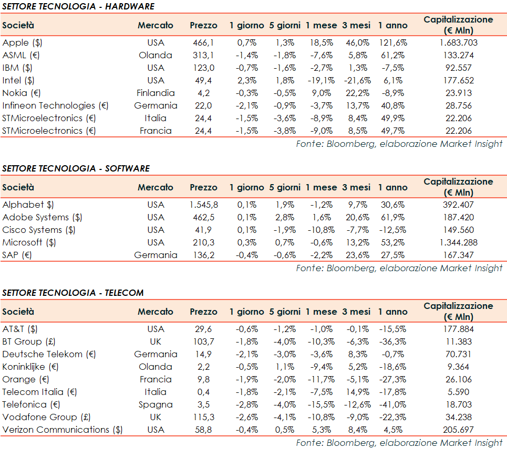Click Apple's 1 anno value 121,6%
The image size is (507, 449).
[x=393, y=42]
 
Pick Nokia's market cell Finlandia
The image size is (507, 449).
[x=156, y=93]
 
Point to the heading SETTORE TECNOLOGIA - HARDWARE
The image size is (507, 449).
[x=78, y=6]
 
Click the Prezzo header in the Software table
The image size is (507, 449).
[x=203, y=187]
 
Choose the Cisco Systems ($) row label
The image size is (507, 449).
[x=39, y=230]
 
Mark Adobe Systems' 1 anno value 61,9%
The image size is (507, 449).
[x=393, y=217]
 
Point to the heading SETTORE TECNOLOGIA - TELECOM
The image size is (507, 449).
[x=73, y=293]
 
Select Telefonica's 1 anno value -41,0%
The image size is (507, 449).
[x=392, y=404]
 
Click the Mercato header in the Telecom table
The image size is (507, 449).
[x=156, y=312]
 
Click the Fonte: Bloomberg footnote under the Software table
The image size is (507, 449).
[x=399, y=268]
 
